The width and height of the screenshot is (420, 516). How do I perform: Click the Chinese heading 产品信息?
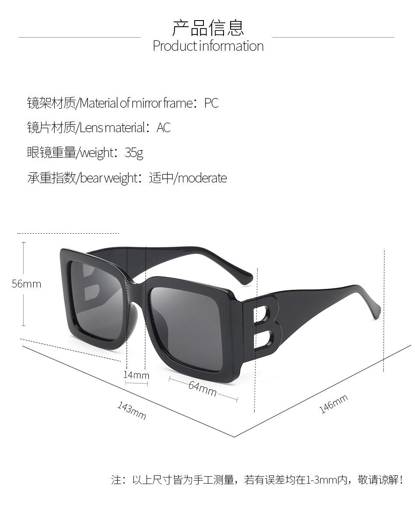coord(208,28)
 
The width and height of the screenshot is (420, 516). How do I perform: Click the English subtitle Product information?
coord(208,46)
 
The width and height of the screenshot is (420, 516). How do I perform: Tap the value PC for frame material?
coord(211,103)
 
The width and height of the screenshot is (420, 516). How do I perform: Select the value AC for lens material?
coord(163,128)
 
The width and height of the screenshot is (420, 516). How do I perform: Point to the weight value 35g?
coord(134,153)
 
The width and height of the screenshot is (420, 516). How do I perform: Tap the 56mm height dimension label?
coord(26,284)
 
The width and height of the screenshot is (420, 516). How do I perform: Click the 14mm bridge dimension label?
coord(136,375)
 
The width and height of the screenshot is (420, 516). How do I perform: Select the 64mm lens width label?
coord(203,388)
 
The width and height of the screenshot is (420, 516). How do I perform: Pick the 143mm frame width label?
coord(131,410)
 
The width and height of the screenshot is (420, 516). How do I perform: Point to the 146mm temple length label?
coord(333,404)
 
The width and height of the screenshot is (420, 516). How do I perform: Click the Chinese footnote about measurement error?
coord(257,480)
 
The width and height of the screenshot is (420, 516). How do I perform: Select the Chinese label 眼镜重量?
coord(51,153)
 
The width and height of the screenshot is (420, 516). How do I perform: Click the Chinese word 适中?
coord(161,178)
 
